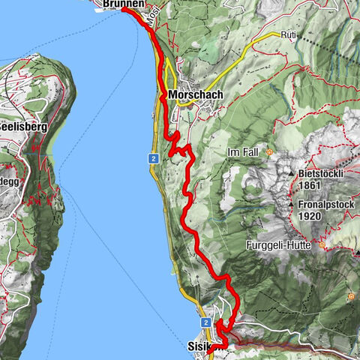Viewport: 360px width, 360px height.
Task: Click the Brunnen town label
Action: tap(122, 4)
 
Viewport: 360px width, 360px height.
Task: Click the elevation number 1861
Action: tap(310, 185)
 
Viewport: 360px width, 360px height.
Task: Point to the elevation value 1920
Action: tap(310, 214)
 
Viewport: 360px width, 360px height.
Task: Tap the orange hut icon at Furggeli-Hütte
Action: tap(322, 245)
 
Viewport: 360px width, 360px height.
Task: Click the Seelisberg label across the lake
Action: tap(22, 127)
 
